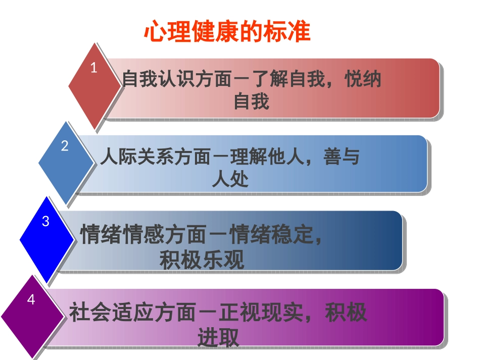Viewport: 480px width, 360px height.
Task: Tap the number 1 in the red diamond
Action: pos(93,68)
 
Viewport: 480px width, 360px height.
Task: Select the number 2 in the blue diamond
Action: pos(65,146)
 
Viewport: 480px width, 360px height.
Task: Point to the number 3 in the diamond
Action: pos(45,221)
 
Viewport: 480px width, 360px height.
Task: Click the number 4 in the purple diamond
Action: pos(31,299)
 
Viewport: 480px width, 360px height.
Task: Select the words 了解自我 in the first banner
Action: pos(284,80)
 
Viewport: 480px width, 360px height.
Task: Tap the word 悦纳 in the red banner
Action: pos(362,80)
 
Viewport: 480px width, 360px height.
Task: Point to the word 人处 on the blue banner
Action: pos(230,180)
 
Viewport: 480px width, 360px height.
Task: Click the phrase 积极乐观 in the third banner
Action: pos(202,260)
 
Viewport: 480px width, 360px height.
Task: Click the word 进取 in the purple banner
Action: pos(218,338)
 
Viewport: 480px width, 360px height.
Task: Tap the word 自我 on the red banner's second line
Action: pos(251,101)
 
